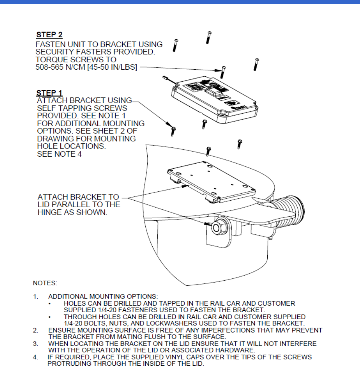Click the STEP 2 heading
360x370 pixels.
click(49, 35)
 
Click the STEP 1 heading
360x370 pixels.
click(49, 93)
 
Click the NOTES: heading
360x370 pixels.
click(45, 283)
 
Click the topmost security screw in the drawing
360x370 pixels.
click(208, 37)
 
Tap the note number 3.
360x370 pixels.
click(35, 343)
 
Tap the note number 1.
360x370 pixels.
click(35, 296)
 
